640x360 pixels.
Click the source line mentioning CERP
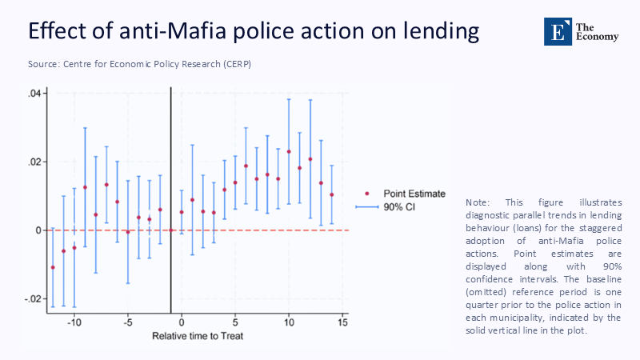140,63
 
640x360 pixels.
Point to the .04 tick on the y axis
34,94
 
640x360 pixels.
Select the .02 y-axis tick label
34,162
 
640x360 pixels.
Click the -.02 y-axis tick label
33,298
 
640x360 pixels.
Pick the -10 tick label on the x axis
74,322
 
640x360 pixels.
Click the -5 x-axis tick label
127,322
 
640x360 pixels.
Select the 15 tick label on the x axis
342,322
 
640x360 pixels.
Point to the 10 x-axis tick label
289,322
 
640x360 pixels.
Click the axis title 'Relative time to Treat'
198,336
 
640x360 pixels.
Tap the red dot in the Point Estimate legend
367,193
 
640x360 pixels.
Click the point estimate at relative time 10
289,151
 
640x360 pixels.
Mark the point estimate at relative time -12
53,267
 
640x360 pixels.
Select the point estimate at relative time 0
182,212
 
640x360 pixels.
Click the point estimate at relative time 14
332,194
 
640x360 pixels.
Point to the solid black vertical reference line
171,160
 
